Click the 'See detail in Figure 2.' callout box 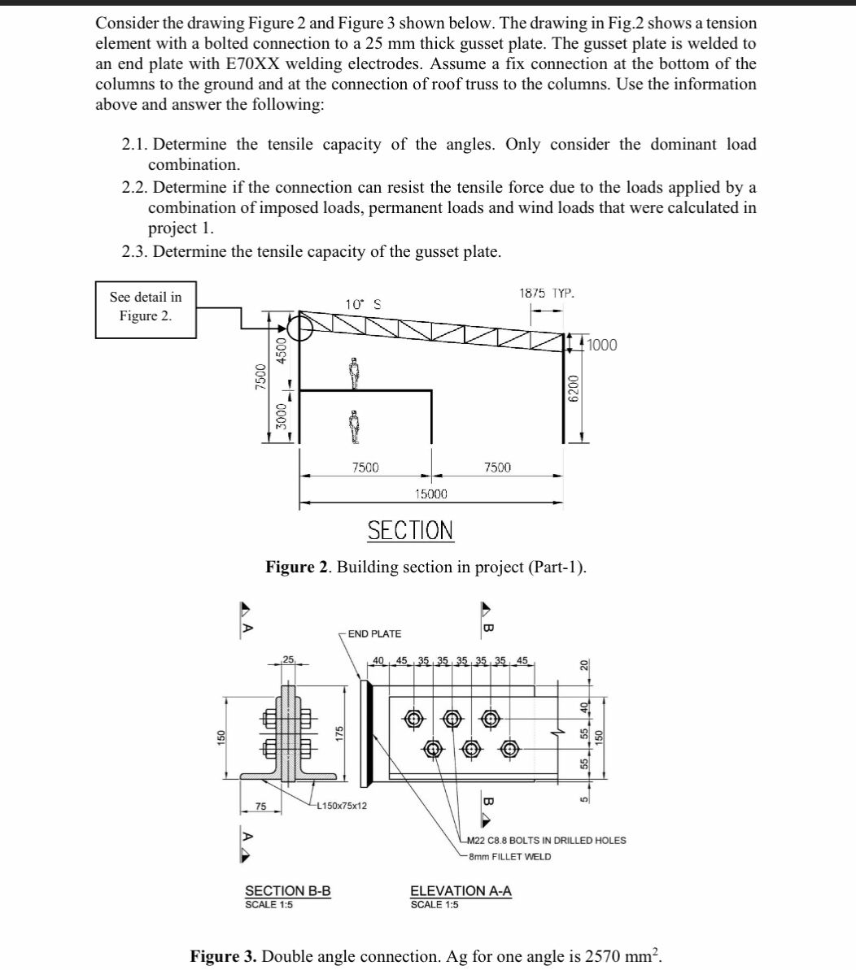tap(146, 307)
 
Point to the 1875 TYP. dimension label tap(546, 292)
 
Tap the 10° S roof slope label tap(363, 304)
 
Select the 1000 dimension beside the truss tap(601, 345)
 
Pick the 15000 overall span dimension tap(430, 494)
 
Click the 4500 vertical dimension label tap(282, 355)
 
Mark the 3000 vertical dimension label tap(282, 418)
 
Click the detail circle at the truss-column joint tap(300, 328)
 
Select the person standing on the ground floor tap(354, 426)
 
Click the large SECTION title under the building tap(410, 531)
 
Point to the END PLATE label tap(374, 633)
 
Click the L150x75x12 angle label tap(341, 806)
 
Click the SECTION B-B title tap(288, 890)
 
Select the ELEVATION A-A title tap(461, 890)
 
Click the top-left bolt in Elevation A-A tap(414, 718)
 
